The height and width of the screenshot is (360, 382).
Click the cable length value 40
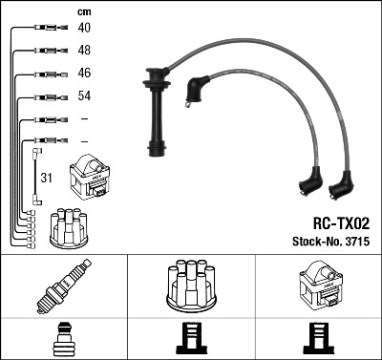tap(84, 28)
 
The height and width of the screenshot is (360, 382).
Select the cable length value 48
tap(84, 51)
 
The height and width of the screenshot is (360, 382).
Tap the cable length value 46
tap(84, 74)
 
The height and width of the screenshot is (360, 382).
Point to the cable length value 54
tap(84, 96)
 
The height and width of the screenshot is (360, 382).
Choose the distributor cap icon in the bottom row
tap(192, 285)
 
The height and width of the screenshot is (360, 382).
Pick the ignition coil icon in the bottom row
tap(318, 285)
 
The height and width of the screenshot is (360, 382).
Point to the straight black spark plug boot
tap(155, 110)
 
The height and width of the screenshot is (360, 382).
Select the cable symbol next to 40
tap(44, 28)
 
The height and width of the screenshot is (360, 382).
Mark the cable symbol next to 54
tap(44, 96)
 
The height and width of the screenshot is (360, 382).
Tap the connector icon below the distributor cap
tap(192, 339)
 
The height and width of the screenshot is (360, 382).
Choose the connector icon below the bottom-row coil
tap(318, 339)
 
